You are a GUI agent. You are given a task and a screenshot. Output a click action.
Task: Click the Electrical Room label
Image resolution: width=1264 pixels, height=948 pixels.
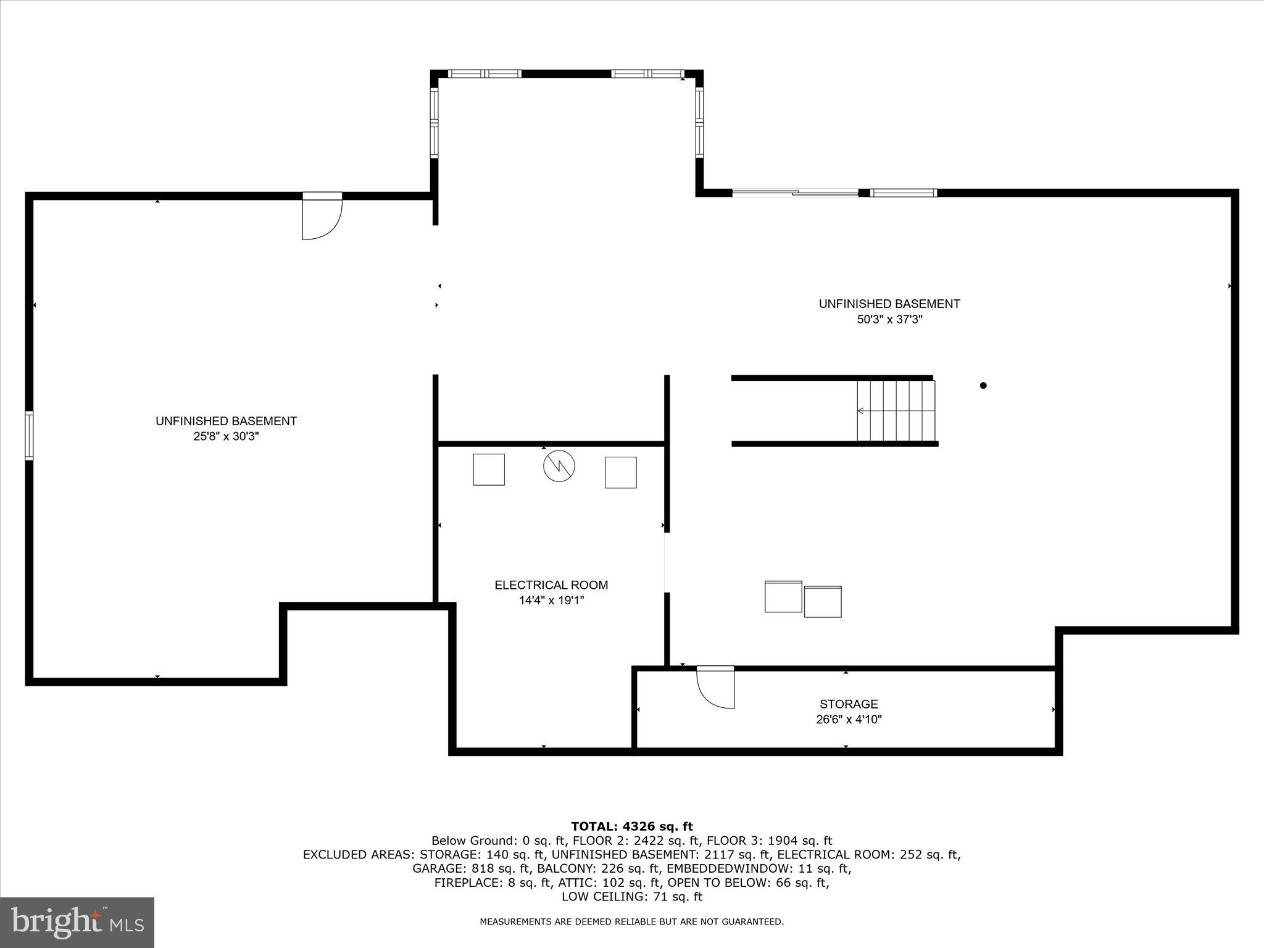(x=551, y=584)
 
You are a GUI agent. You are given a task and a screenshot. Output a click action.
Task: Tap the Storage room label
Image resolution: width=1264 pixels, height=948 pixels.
(x=849, y=704)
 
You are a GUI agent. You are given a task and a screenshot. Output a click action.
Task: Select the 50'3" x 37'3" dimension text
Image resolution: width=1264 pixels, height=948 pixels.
(x=889, y=320)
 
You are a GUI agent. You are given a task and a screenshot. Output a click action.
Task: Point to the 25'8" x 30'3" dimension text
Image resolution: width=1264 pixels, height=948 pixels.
(x=226, y=436)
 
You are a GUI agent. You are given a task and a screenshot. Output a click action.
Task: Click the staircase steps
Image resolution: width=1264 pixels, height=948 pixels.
(x=896, y=410)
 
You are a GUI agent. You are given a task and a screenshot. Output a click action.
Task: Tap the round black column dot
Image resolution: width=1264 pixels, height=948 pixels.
(x=983, y=386)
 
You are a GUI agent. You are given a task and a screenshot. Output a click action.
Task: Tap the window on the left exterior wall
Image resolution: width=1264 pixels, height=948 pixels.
(x=29, y=435)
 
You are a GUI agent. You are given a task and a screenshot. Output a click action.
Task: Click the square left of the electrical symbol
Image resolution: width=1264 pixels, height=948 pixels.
(x=489, y=470)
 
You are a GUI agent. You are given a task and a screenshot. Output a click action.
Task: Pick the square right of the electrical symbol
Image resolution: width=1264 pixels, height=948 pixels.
(x=620, y=472)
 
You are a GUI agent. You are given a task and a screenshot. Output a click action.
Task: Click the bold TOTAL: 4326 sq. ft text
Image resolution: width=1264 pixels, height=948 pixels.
(x=631, y=826)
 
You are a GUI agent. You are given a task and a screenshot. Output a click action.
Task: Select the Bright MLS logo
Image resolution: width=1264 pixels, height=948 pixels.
(x=77, y=922)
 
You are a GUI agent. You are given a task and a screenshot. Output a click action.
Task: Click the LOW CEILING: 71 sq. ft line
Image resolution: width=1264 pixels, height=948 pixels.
(x=631, y=897)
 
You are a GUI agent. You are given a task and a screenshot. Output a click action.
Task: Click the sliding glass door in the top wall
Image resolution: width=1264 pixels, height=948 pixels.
(x=795, y=193)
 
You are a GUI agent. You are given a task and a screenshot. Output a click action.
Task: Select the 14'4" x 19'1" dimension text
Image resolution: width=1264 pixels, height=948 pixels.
(x=551, y=600)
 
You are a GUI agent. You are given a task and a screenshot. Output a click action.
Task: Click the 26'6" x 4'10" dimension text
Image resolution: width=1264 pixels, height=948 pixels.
(x=849, y=719)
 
